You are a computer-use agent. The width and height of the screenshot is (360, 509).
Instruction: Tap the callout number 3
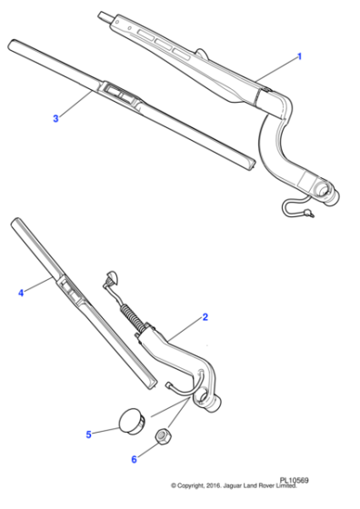point(55,118)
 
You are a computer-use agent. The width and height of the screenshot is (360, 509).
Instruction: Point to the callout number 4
point(21,293)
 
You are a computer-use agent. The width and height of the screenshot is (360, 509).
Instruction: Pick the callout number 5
point(89,434)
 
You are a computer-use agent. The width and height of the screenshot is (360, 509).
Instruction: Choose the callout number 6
point(134,459)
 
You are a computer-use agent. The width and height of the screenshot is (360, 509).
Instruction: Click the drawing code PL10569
point(296,493)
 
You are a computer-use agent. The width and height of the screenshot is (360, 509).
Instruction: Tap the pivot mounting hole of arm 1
point(324,190)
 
